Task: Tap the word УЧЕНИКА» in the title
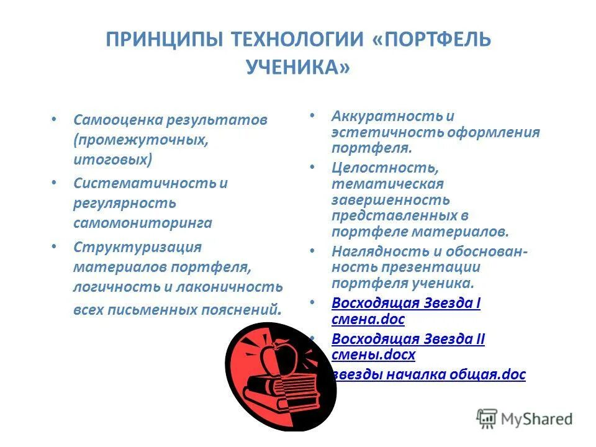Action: pos(298,67)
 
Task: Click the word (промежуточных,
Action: pos(140,139)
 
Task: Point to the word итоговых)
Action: pos(112,159)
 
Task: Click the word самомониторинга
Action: pos(143,222)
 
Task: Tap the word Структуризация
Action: pos(137,246)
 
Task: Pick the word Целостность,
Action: pos(385,168)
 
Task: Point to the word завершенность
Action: pos(391,200)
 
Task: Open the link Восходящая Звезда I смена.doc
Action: pos(406,304)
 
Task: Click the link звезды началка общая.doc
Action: pos(428,374)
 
